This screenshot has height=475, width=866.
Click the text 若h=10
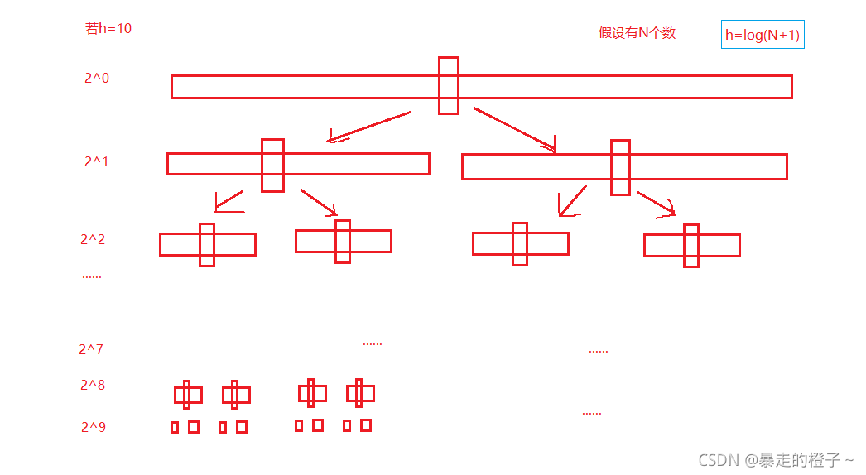[x=108, y=28]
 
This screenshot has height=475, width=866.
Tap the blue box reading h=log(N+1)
[x=763, y=35]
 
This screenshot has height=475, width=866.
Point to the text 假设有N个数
[x=637, y=33]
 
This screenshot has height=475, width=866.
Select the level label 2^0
[x=97, y=79]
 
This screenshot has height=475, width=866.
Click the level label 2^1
[x=96, y=162]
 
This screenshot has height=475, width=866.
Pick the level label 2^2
[x=93, y=240]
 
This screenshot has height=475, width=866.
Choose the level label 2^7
[x=91, y=349]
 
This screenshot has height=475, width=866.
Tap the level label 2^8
[x=93, y=385]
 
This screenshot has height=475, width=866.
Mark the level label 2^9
[x=94, y=428]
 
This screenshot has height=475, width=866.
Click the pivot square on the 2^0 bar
[x=448, y=85]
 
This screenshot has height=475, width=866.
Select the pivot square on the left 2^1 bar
[x=272, y=165]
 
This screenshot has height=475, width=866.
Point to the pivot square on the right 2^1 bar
[x=620, y=167]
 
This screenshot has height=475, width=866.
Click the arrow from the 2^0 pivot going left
[x=369, y=127]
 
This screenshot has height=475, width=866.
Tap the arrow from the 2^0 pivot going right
[x=514, y=129]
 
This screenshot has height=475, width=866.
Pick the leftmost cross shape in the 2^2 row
[x=207, y=244]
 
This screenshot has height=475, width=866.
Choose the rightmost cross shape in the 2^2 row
[x=691, y=245]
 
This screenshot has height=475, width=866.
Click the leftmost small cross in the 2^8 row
[x=188, y=395]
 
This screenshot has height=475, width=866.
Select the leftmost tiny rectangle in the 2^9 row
[x=175, y=427]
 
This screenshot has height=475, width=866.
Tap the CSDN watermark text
[x=776, y=459]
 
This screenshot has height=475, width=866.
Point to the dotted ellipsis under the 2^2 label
[x=92, y=276]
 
